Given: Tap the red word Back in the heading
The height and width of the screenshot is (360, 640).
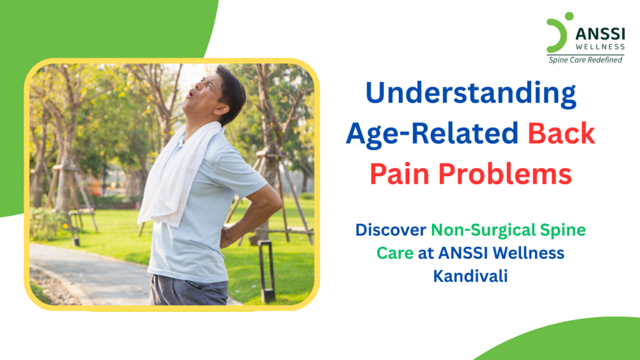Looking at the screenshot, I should pos(561,134).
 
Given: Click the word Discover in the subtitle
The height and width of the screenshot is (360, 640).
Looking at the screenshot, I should pos(390,231).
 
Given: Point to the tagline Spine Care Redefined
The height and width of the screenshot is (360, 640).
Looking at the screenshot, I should pos(585,60).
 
